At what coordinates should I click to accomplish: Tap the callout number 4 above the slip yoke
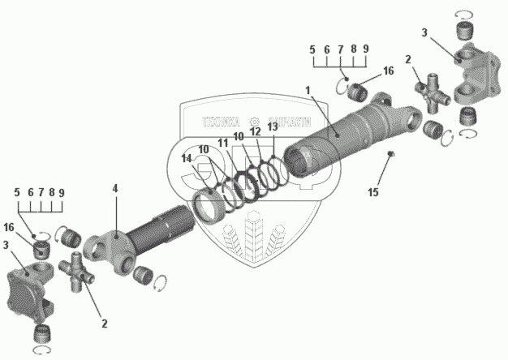click(x=115, y=188)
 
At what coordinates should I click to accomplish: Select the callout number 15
click(x=372, y=192)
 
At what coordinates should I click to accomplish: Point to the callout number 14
click(x=187, y=159)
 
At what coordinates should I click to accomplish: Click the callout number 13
click(x=272, y=126)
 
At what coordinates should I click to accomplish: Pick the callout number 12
click(x=255, y=131)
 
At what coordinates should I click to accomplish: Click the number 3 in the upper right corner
click(x=424, y=32)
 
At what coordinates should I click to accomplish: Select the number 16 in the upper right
click(x=388, y=71)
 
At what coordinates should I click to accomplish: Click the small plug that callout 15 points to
click(x=390, y=154)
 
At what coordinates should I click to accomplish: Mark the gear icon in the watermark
click(x=255, y=118)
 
